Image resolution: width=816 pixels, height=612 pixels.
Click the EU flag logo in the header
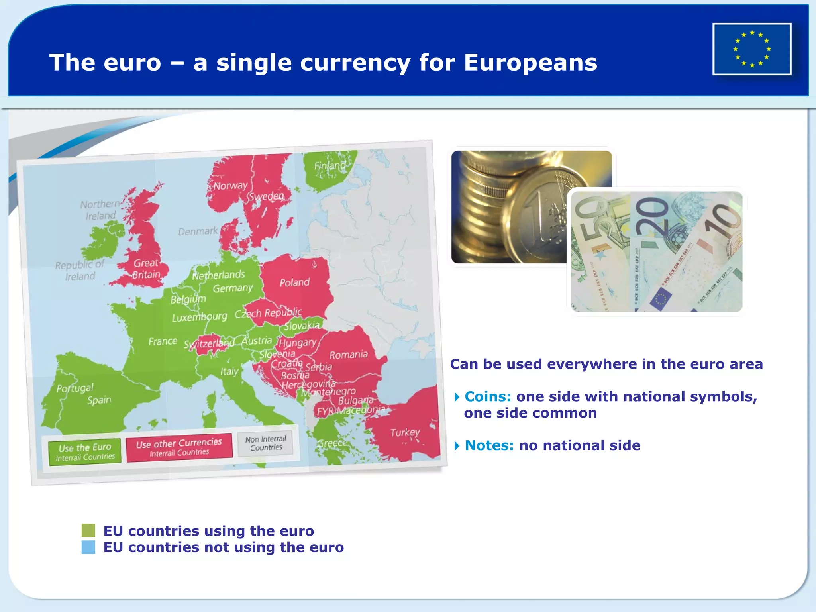[752, 49]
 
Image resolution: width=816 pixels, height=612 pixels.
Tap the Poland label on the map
[294, 282]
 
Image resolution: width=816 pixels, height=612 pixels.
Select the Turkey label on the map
[405, 432]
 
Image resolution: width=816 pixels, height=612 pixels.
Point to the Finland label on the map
[330, 165]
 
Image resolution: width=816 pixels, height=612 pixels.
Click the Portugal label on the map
[75, 388]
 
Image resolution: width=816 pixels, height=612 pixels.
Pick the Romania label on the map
[348, 355]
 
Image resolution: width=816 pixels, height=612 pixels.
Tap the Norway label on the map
[230, 186]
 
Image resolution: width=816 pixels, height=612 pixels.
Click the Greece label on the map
[332, 443]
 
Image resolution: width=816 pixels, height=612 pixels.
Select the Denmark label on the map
[198, 231]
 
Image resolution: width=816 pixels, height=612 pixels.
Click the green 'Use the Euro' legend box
[85, 452]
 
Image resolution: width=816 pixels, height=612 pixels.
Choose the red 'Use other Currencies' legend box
[179, 447]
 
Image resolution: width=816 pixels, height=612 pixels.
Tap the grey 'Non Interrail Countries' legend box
[266, 443]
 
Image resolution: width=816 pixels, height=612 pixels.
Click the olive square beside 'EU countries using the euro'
[88, 530]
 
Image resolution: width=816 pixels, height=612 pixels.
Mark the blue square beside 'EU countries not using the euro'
[88, 547]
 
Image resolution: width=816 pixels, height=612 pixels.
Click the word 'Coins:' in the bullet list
[488, 396]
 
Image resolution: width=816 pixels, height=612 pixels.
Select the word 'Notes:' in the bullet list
[489, 445]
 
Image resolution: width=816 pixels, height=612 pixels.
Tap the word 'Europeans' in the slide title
[530, 63]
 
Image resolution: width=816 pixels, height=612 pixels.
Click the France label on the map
[163, 341]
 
